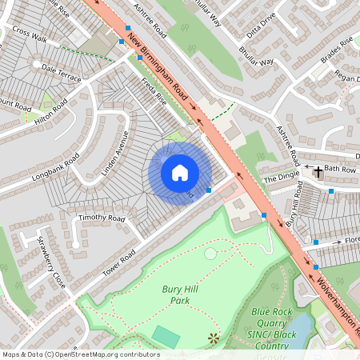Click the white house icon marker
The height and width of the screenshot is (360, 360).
point(180,173)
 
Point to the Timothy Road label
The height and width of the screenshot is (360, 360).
point(102,218)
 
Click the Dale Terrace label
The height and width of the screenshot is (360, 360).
point(62,74)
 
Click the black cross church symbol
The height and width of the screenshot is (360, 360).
point(318,172)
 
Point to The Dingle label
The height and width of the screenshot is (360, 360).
point(280,178)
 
